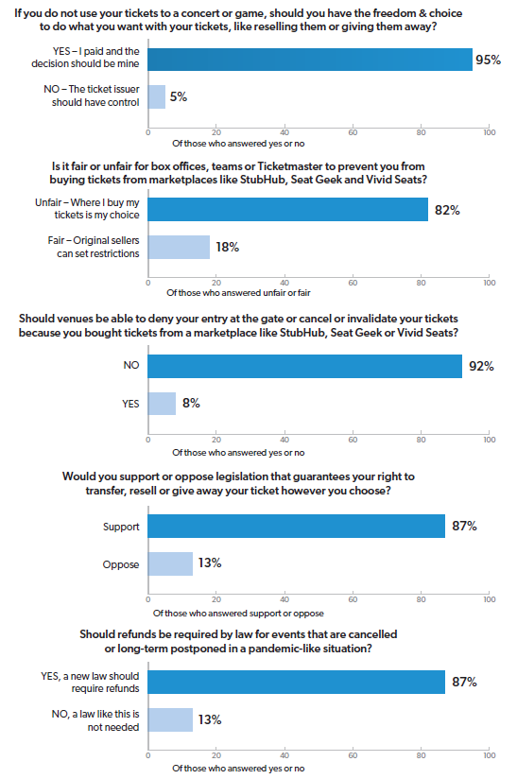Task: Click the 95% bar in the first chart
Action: point(310,60)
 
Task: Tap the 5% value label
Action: point(179,96)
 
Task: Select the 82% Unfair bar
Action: point(288,209)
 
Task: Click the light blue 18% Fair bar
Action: point(179,247)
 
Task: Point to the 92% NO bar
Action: point(305,366)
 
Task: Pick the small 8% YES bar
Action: point(162,404)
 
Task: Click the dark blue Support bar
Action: point(297,527)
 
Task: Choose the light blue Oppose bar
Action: point(170,563)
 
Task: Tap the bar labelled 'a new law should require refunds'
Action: point(297,683)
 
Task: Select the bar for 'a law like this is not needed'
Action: point(170,719)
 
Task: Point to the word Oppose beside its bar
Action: point(121,565)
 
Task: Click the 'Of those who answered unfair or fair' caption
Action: point(238,293)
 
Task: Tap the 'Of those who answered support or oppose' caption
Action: point(238,614)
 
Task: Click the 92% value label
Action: point(481,367)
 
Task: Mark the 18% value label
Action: point(228,247)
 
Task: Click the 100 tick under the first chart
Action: point(490,132)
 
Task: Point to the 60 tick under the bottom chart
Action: point(353,755)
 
